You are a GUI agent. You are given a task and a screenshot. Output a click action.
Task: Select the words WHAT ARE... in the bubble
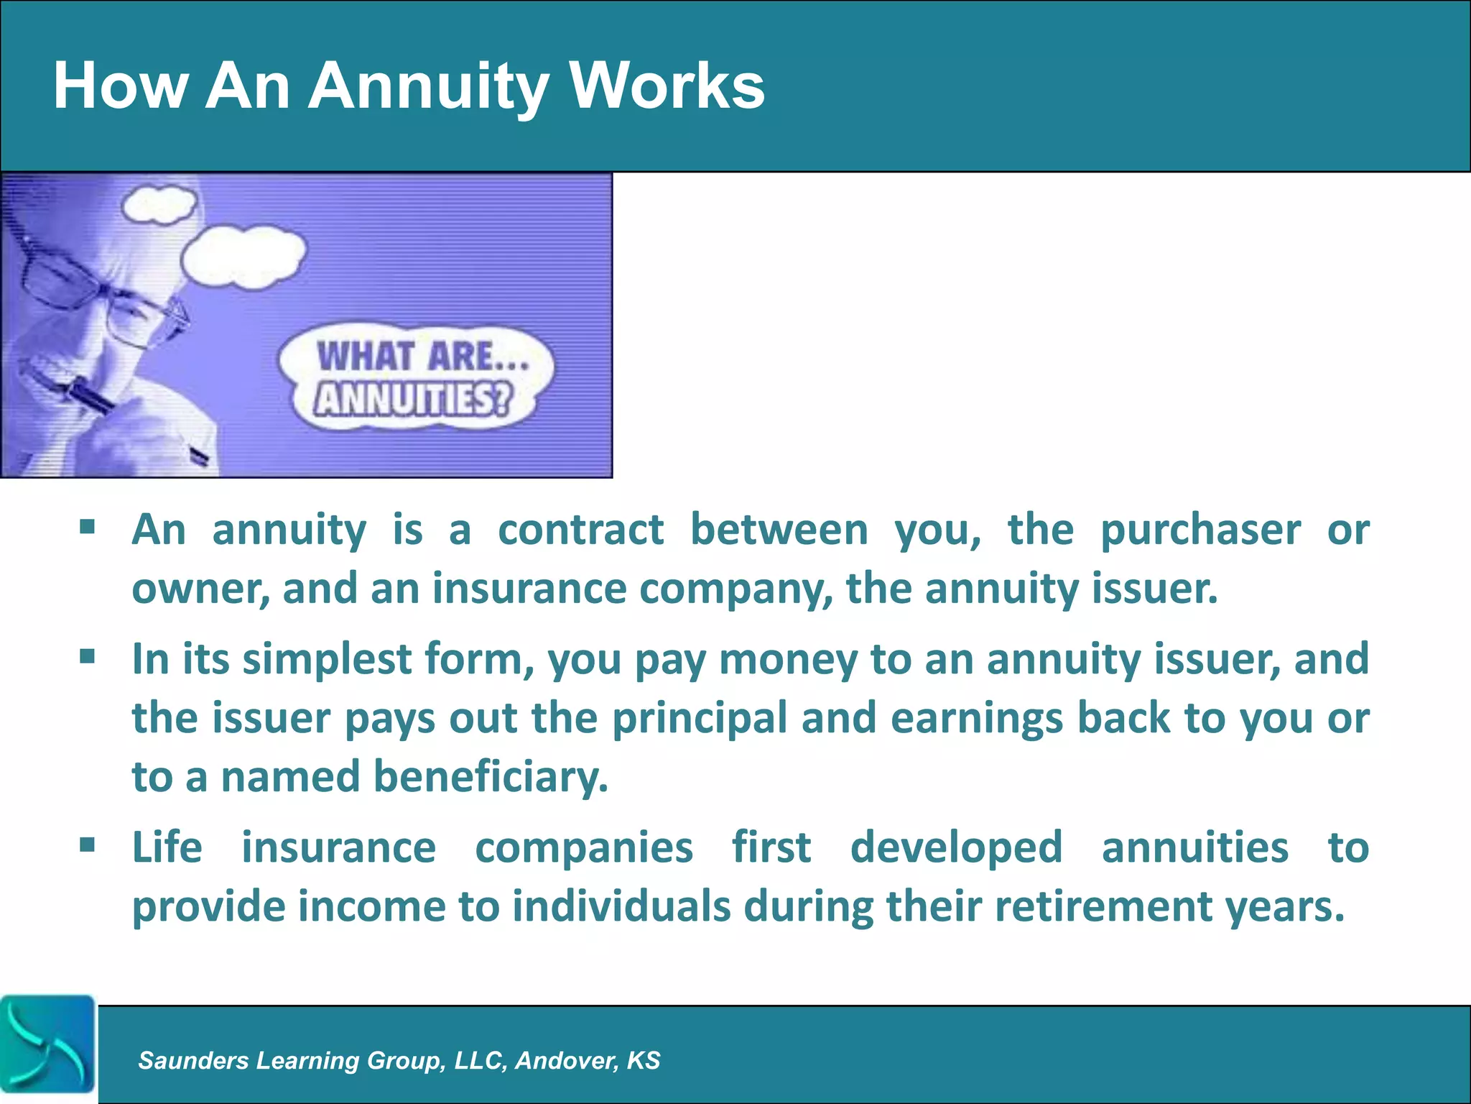click(x=422, y=356)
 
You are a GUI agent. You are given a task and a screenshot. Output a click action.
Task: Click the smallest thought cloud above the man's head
click(x=159, y=204)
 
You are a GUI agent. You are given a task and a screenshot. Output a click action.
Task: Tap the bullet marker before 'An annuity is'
click(x=88, y=528)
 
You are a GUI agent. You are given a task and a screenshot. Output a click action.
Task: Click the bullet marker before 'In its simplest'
click(x=88, y=656)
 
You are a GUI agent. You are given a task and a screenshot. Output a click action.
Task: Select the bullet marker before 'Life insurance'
click(x=88, y=844)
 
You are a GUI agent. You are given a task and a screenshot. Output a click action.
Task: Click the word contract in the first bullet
click(x=580, y=530)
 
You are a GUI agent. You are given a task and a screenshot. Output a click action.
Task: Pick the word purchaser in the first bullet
click(x=1200, y=532)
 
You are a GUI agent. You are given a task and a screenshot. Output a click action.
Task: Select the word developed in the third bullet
click(x=956, y=847)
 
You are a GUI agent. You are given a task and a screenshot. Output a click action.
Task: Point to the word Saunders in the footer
click(x=193, y=1060)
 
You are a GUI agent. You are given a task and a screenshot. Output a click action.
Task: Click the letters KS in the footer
click(x=643, y=1060)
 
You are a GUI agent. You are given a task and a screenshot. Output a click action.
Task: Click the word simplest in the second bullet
click(x=327, y=660)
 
